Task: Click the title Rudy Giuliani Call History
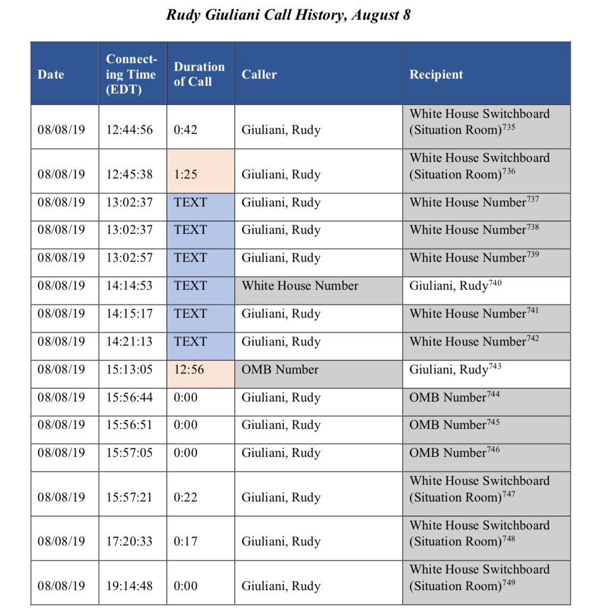[x=288, y=15]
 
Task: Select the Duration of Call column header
[x=199, y=74]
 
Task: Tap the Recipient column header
[x=436, y=74]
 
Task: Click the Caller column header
[x=259, y=74]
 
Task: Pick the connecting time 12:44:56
[x=129, y=130]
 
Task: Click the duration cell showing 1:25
[x=186, y=174]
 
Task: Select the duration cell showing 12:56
[x=189, y=369]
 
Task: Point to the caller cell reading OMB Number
[x=280, y=369]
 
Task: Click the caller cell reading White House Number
[x=300, y=285]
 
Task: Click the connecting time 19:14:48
[x=129, y=585]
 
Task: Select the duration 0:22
[x=186, y=497]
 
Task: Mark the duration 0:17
[x=186, y=541]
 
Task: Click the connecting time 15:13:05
[x=129, y=369]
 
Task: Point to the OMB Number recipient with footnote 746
[x=454, y=453]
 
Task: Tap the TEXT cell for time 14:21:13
[x=190, y=341]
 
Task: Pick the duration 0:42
[x=186, y=130]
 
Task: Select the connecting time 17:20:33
[x=129, y=541]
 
